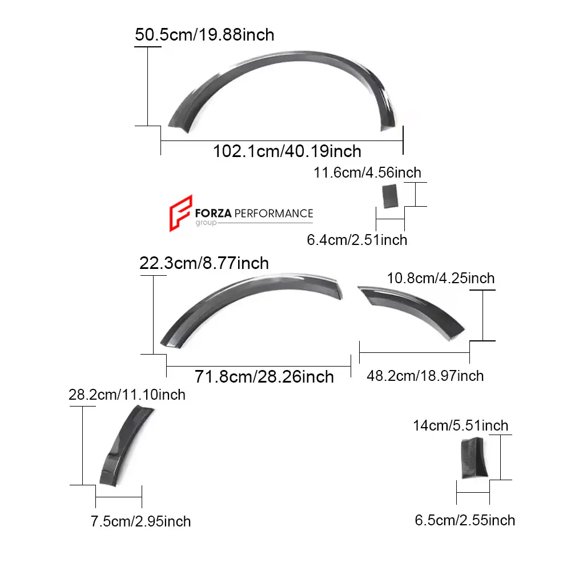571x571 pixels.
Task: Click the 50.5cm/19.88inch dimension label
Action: [x=204, y=35]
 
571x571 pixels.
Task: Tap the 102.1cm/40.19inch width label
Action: [x=287, y=151]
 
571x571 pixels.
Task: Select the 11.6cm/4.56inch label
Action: [x=367, y=172]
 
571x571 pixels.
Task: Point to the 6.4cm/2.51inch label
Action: [x=357, y=240]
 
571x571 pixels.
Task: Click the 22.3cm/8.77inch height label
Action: [x=204, y=263]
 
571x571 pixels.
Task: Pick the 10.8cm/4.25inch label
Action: [x=441, y=279]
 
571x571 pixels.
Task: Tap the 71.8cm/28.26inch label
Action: [x=264, y=377]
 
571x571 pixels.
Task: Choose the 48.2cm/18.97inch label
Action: [x=425, y=376]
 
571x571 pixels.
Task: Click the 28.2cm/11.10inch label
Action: [x=127, y=395]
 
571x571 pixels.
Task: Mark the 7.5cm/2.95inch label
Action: [x=140, y=521]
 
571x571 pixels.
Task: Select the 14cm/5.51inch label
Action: [x=461, y=425]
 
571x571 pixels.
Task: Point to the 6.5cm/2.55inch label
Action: [x=465, y=520]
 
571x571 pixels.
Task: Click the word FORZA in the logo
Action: [x=214, y=214]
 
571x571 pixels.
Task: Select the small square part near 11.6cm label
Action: [x=390, y=196]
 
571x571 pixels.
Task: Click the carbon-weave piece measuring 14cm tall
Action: [x=472, y=457]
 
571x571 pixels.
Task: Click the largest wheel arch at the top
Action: [x=285, y=71]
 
